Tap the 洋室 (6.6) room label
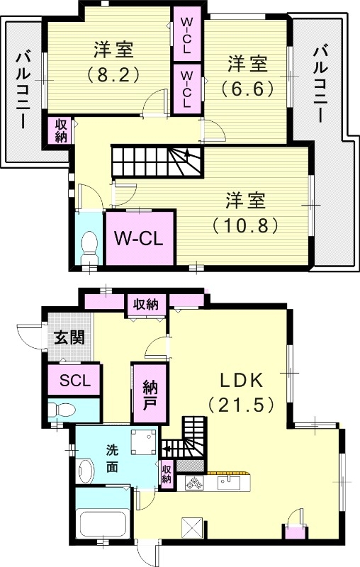coord(247,74)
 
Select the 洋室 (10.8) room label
coord(245,211)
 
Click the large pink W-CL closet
coord(140,237)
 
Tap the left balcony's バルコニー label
coord(23,89)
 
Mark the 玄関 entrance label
coord(69,337)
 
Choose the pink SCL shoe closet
coord(74,380)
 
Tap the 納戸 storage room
coord(150,395)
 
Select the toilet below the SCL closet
coord(63,410)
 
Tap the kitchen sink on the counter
coord(228,483)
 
